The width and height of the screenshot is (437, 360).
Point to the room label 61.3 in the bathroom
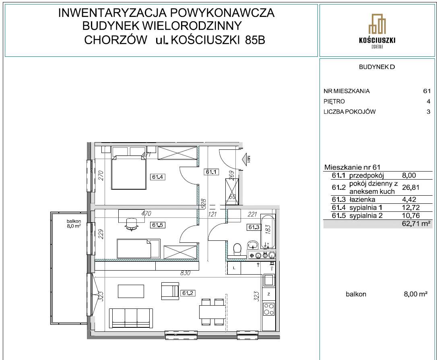[x=254, y=227]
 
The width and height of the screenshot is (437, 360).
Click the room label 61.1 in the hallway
[x=211, y=172]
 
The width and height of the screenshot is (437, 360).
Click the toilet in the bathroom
[x=237, y=246]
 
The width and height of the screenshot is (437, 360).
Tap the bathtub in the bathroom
[x=268, y=231]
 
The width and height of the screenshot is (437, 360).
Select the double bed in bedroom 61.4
[x=129, y=172]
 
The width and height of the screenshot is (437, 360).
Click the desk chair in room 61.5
[x=131, y=224]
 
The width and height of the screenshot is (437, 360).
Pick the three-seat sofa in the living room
[x=132, y=317]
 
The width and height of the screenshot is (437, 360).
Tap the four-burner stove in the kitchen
[x=268, y=309]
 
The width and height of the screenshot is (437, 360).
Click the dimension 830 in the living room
[x=186, y=273]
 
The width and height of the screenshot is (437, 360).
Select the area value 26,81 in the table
[x=410, y=187]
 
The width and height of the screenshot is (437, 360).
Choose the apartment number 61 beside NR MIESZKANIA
[x=427, y=91]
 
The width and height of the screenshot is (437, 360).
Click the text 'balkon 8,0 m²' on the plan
[x=74, y=223]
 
